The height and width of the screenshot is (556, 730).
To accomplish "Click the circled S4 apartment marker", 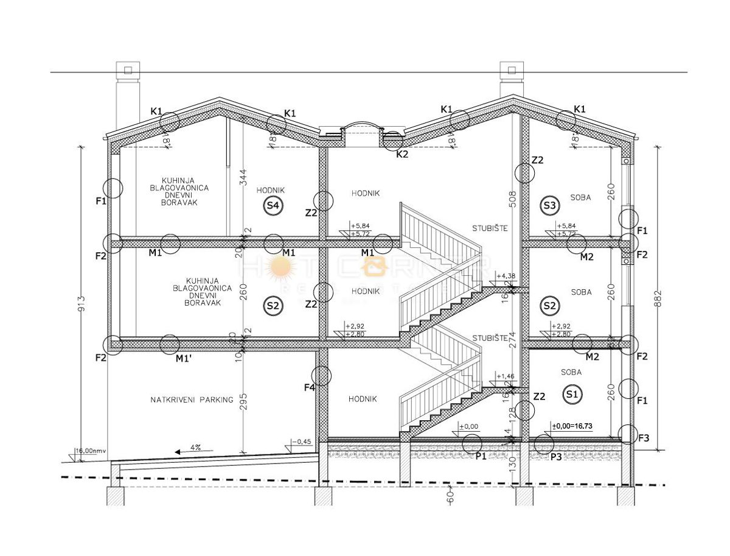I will (x=273, y=206).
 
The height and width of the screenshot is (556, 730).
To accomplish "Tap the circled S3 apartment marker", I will (x=549, y=206).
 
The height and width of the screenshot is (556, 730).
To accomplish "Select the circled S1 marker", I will (x=572, y=394).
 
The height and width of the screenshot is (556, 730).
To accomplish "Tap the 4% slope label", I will (x=195, y=448).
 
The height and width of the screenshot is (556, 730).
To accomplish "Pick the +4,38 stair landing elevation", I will (x=506, y=276).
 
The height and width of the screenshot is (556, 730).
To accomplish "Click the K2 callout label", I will (x=401, y=155).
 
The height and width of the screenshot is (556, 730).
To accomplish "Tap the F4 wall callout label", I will (x=309, y=387).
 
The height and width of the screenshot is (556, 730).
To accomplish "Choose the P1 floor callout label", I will (x=481, y=456).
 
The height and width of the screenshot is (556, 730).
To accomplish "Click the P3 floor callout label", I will (x=556, y=456).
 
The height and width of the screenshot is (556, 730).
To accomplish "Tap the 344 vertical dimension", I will (x=243, y=178).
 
